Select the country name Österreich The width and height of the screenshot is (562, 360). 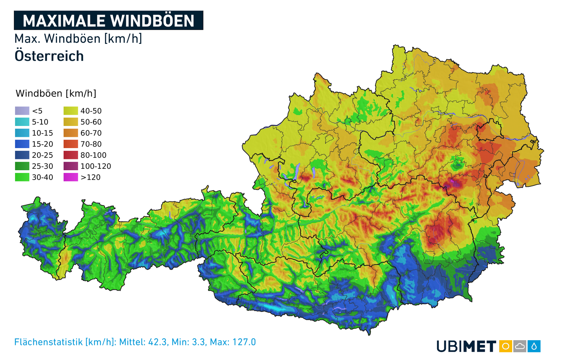tap(49, 56)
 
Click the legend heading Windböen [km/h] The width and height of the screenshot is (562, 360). tap(56, 93)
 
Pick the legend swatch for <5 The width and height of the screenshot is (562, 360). tap(22, 111)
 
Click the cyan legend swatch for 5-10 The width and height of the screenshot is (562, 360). tap(22, 122)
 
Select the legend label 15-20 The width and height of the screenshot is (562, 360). tap(42, 144)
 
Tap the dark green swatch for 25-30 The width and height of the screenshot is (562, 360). tap(22, 166)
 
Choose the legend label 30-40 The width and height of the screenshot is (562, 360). tap(42, 177)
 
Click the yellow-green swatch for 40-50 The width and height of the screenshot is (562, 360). tap(70, 111)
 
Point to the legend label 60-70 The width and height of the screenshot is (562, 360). tap(91, 133)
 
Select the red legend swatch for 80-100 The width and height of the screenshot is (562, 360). tap(70, 155)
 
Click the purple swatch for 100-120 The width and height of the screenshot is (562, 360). tap(70, 166)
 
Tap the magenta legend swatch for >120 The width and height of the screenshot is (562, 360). tap(70, 177)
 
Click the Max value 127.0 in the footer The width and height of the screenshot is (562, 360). tap(244, 342)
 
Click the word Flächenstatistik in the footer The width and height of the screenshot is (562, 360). tap(48, 342)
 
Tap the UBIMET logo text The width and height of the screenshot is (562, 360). tap(466, 346)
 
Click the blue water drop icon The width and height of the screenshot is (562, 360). tap(534, 346)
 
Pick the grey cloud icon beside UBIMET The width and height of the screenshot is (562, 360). tap(520, 346)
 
